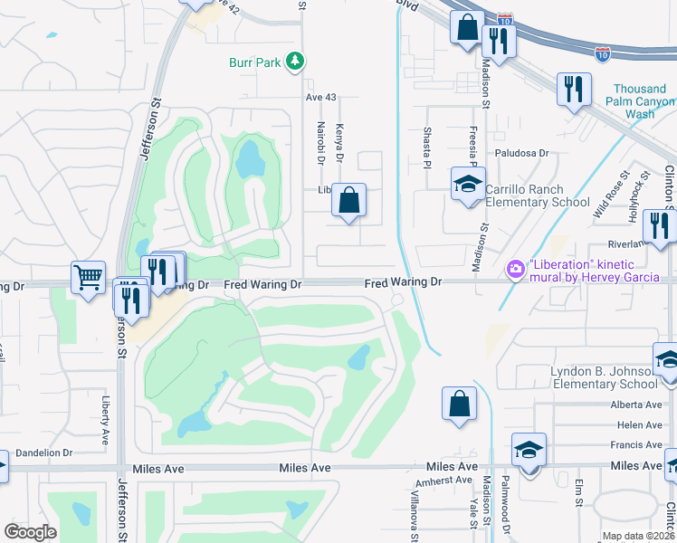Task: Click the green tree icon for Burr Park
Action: tap(294, 62)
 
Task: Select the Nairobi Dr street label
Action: tap(320, 142)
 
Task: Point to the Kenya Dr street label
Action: tap(340, 144)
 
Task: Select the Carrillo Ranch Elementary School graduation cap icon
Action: tap(468, 185)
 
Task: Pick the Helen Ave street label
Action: tap(639, 425)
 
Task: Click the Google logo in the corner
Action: tap(30, 532)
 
